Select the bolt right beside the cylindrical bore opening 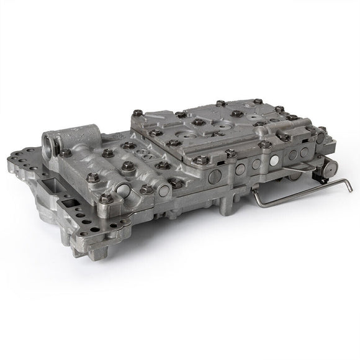[65, 152]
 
